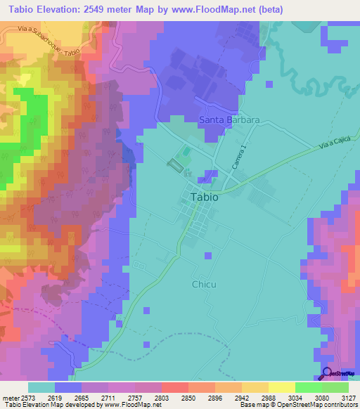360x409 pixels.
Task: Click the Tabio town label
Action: (x=204, y=197)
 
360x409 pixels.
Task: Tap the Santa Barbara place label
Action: (x=229, y=120)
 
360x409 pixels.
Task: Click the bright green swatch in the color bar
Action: (x=308, y=387)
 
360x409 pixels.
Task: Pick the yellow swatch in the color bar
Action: (x=255, y=387)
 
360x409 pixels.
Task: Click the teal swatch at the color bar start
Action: (x=41, y=387)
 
